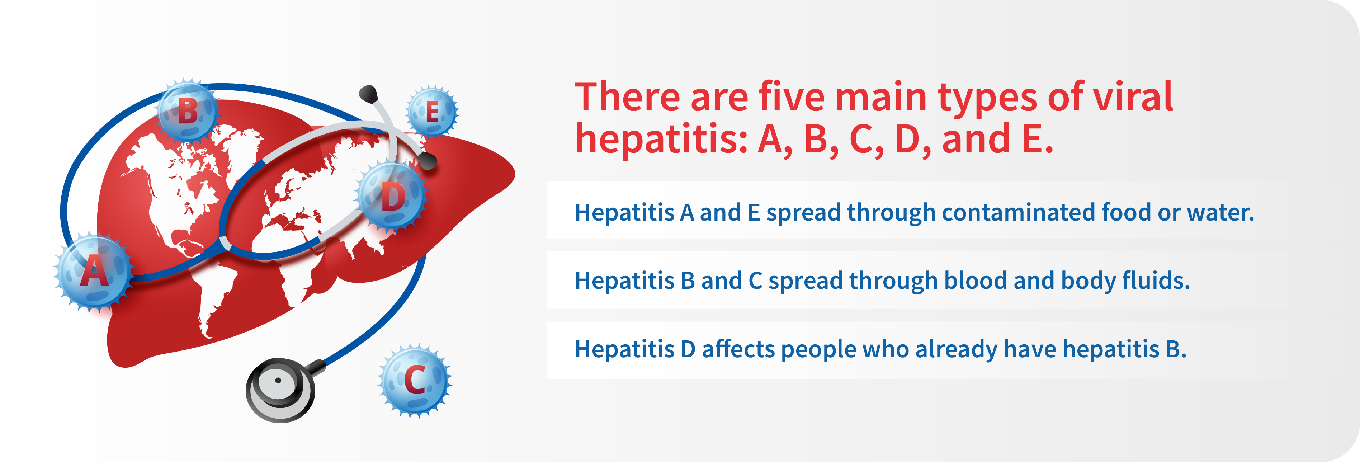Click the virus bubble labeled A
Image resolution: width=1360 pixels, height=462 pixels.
[x=94, y=272]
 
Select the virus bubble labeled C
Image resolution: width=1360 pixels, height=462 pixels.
[x=415, y=380]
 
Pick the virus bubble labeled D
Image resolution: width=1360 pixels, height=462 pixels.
[x=392, y=197]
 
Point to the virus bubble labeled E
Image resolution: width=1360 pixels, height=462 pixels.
[x=432, y=112]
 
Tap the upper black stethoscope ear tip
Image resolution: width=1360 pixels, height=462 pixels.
[x=368, y=94]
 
